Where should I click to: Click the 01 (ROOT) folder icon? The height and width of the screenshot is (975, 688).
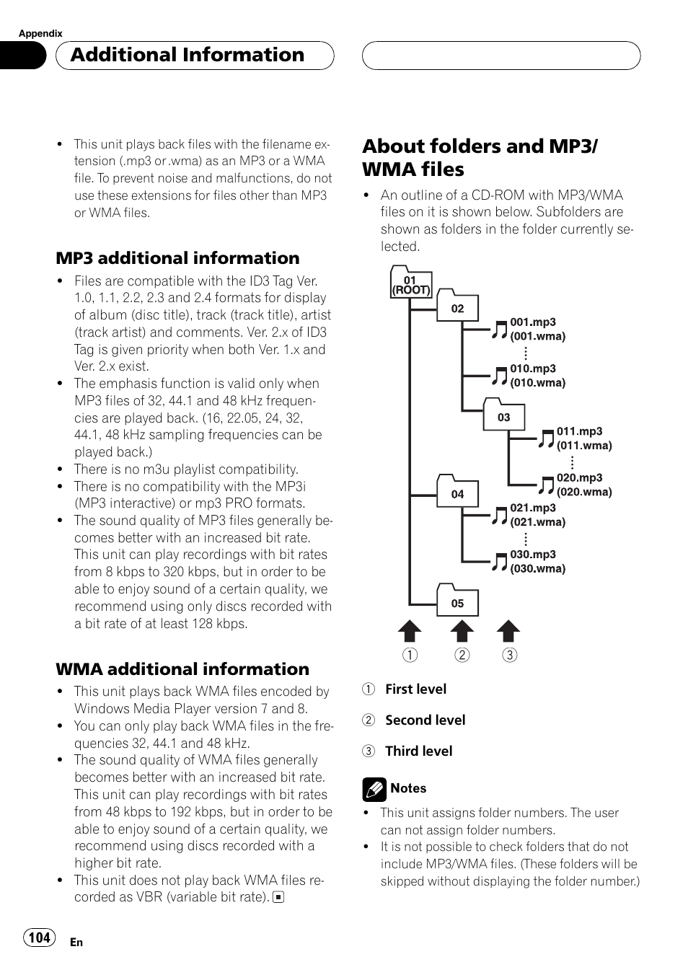(410, 283)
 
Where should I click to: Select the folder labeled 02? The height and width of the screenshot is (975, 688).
(457, 306)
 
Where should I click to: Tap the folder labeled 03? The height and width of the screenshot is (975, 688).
(503, 415)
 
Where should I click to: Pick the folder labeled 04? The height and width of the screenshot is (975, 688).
(457, 492)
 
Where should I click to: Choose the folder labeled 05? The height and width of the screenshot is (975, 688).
(457, 601)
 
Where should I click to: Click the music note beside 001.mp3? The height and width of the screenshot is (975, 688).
(500, 330)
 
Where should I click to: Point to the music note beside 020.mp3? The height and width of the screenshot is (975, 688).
(546, 485)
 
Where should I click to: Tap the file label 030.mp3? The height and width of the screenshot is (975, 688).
(533, 555)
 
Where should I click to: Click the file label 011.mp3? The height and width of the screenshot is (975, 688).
(579, 431)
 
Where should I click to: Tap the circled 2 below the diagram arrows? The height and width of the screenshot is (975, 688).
(462, 655)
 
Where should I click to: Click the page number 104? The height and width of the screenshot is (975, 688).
(40, 937)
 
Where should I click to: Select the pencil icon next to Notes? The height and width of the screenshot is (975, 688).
(374, 790)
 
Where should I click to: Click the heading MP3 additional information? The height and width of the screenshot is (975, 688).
(177, 258)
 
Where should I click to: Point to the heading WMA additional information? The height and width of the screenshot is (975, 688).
(182, 669)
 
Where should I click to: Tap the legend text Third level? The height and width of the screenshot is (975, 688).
(418, 751)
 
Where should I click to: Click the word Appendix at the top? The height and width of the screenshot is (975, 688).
(40, 33)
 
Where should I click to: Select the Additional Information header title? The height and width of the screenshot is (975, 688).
(188, 55)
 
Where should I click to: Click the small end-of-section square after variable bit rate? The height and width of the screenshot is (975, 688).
(278, 898)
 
